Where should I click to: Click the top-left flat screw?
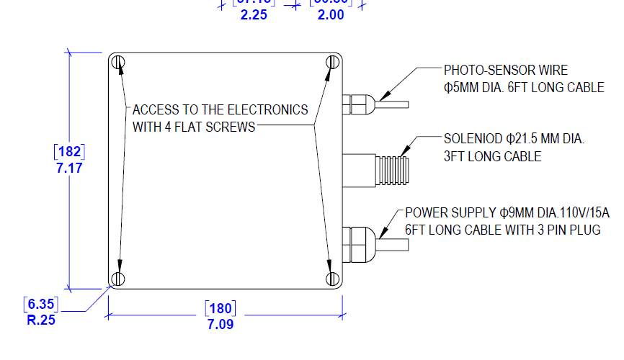(120, 63)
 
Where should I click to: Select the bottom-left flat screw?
(120, 278)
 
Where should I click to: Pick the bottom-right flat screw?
(331, 278)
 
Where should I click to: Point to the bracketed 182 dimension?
(70, 153)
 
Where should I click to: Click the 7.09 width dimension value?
(220, 325)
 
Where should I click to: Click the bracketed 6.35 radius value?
(41, 304)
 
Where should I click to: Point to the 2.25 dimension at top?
(254, 15)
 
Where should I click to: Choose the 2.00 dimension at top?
(331, 15)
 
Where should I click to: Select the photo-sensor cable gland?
(357, 104)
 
